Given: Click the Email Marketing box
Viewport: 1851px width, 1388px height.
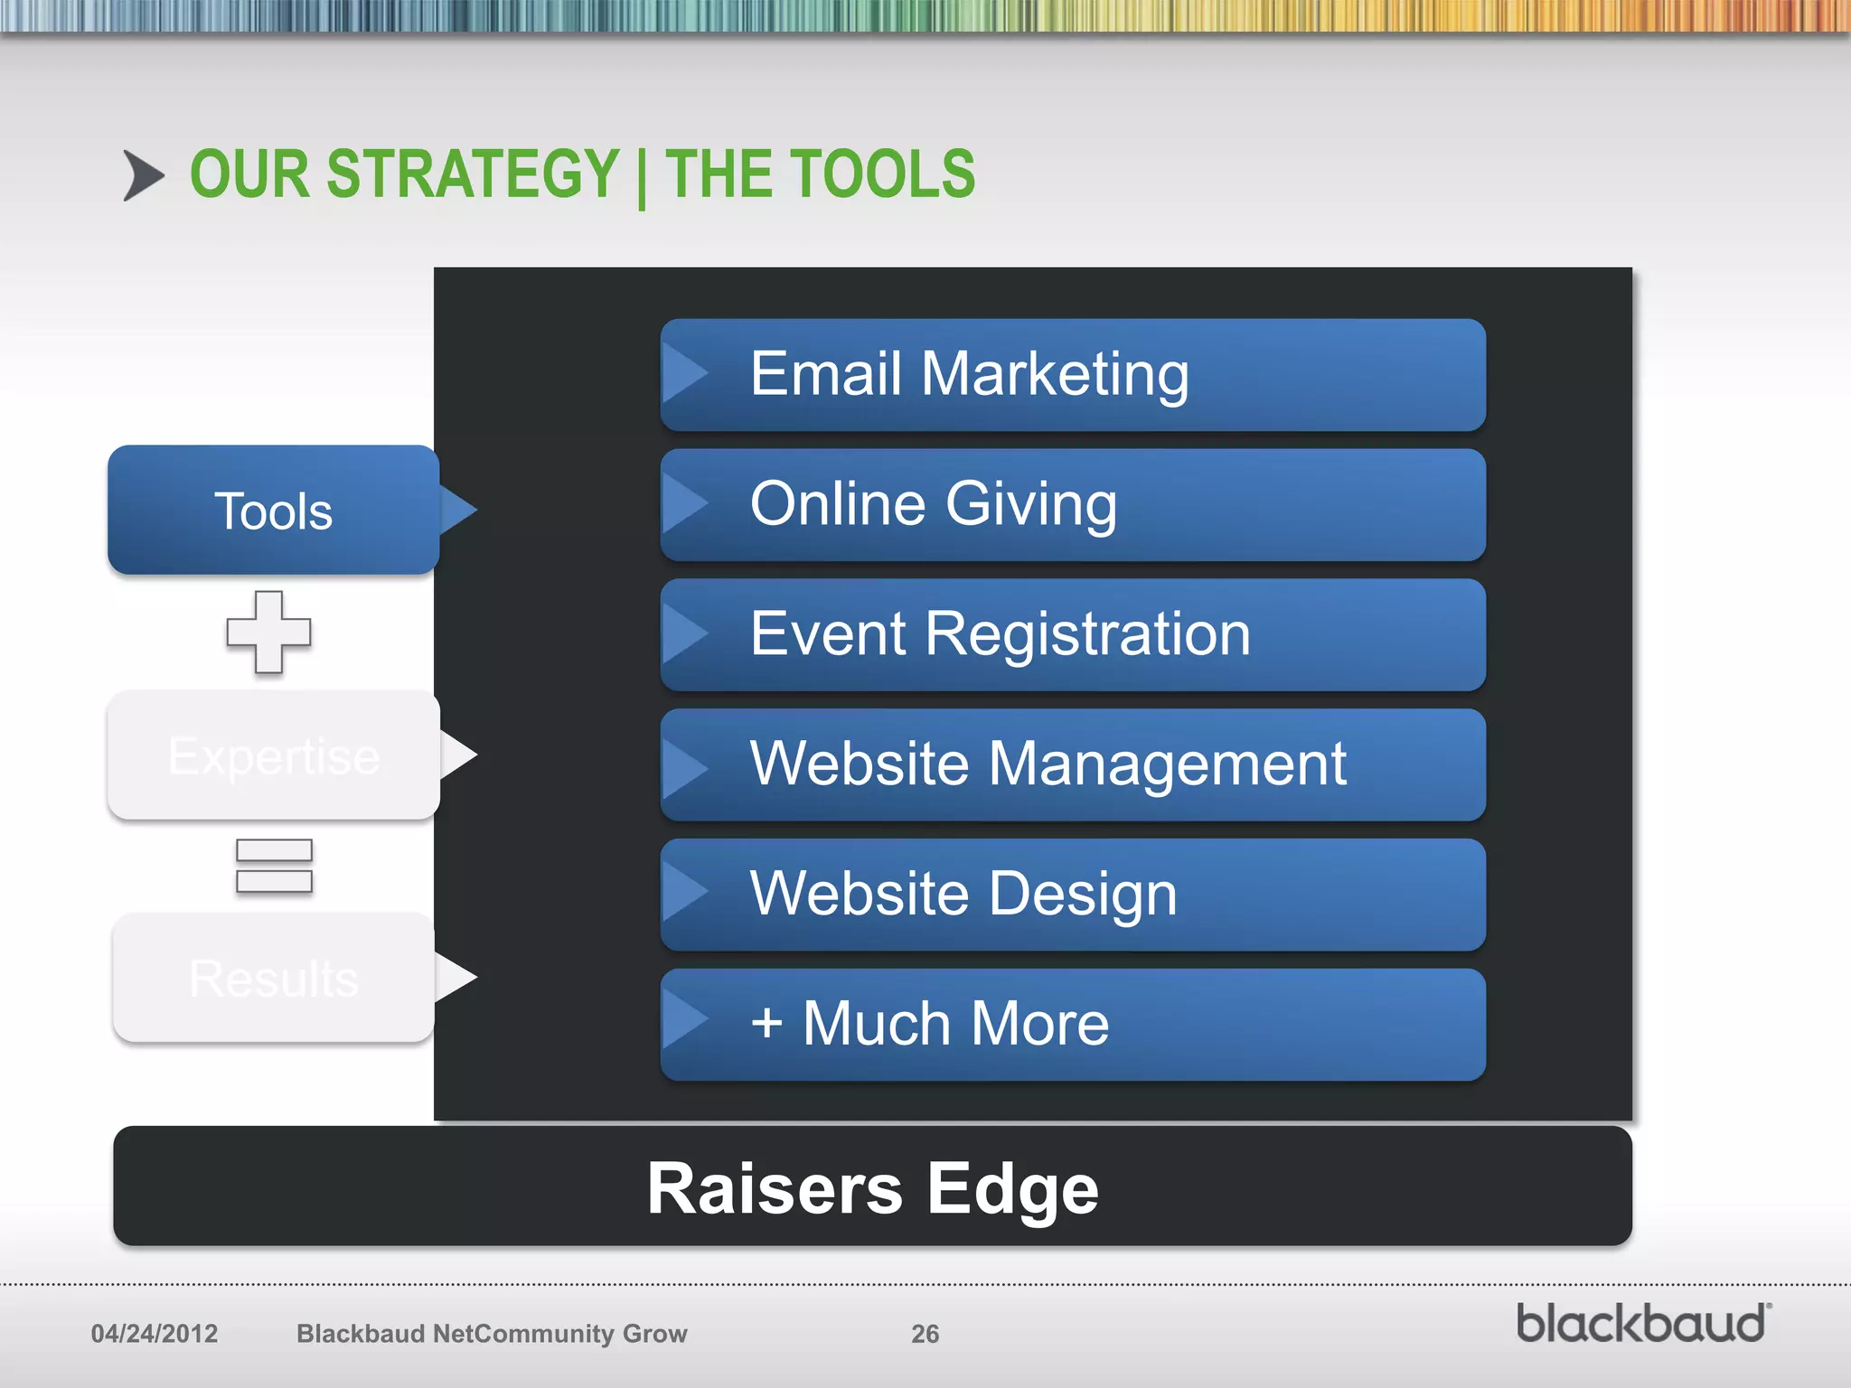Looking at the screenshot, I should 1073,374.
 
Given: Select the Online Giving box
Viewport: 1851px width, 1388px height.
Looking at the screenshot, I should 1073,504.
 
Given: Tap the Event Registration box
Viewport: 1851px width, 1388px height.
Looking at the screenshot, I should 1073,634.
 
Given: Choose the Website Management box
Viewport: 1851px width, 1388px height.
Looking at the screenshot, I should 1073,764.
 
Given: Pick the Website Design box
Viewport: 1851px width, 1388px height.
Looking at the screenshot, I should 1073,895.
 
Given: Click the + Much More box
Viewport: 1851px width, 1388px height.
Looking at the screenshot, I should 1073,1025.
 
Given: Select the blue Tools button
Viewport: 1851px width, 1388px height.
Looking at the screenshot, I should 273,511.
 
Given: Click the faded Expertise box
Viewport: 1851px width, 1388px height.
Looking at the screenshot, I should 273,755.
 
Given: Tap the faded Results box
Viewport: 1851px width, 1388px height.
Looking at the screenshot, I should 273,978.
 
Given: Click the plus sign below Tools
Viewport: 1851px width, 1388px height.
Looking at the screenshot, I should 268,632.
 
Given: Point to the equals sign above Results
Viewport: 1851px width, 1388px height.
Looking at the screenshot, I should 274,866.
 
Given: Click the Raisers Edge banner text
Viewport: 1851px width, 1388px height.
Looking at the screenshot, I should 872,1188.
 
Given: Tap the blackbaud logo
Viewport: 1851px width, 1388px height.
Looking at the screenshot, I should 1642,1324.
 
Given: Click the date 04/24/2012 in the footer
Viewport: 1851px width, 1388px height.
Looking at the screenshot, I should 155,1334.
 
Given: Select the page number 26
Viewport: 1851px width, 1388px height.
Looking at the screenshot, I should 925,1334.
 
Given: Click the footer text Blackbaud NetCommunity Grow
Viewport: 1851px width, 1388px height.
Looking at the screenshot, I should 492,1334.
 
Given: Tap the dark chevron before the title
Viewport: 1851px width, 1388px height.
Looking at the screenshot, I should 143,175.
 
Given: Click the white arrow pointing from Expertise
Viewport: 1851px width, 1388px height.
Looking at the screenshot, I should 458,755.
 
